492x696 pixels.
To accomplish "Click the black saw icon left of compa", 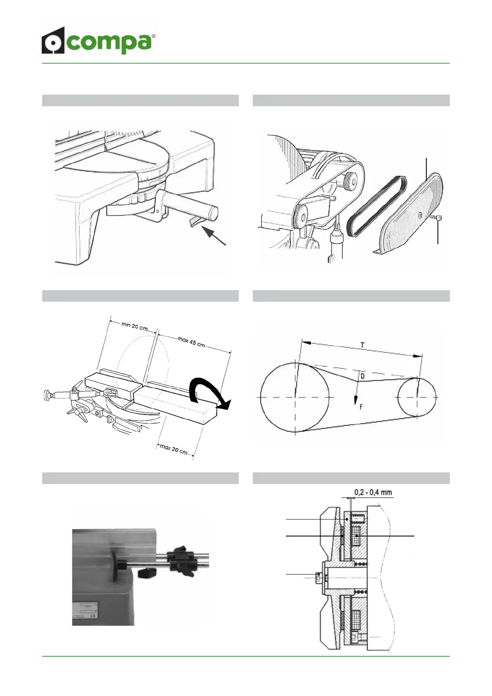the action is pos(53,41).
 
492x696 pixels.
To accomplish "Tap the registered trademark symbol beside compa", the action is pos(154,36).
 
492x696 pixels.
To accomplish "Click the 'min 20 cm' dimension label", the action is pos(135,327).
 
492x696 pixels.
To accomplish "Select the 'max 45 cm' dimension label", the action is pos(191,342).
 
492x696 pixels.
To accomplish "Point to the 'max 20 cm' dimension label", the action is pos(174,448).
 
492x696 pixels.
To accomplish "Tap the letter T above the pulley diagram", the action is pos(362,345).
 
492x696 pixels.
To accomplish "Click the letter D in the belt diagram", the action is pos(362,376).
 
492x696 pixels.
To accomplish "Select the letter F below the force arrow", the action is pos(361,407).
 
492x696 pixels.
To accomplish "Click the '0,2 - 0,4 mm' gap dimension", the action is pos(373,492).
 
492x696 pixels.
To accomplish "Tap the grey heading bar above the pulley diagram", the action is pos(351,296).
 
